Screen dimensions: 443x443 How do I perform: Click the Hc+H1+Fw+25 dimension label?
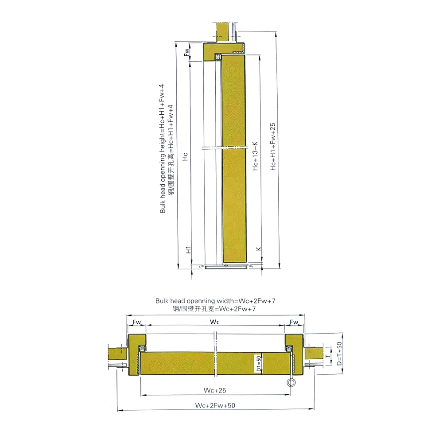point(273,147)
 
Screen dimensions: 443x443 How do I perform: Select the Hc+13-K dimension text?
point(255,156)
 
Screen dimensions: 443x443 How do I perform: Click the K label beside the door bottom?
point(259,249)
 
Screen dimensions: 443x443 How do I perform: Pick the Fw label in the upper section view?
point(187,51)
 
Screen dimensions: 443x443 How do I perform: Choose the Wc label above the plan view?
point(215,321)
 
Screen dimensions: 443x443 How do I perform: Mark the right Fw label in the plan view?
point(294,321)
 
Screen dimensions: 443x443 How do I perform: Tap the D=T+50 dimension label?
point(339,354)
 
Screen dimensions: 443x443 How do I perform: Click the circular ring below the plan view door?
point(291,383)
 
